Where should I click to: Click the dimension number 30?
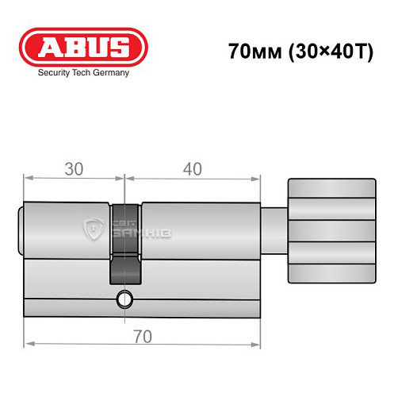[x=74, y=169]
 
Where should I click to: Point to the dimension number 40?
[x=192, y=169]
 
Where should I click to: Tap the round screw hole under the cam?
[x=124, y=300]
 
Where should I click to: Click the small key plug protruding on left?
[x=21, y=230]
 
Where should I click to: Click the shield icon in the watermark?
[x=93, y=230]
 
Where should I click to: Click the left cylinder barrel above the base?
[x=67, y=230]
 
